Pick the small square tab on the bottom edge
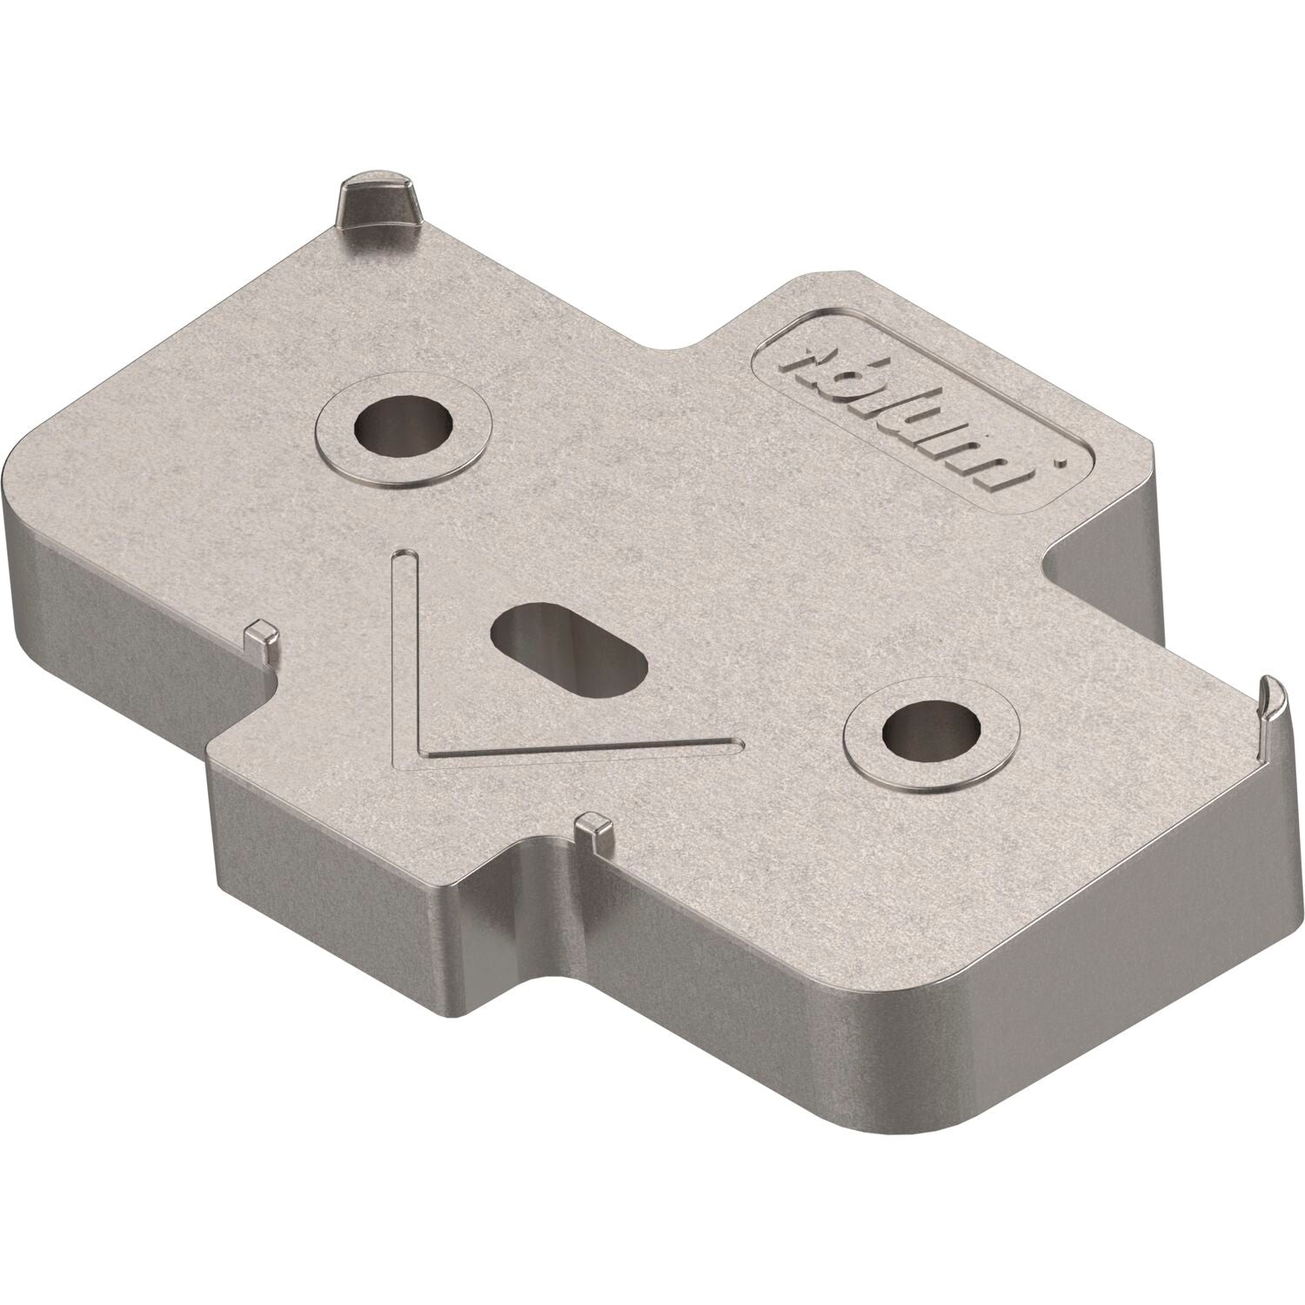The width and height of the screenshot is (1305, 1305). tap(595, 827)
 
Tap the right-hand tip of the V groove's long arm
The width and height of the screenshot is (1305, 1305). tap(735, 742)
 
